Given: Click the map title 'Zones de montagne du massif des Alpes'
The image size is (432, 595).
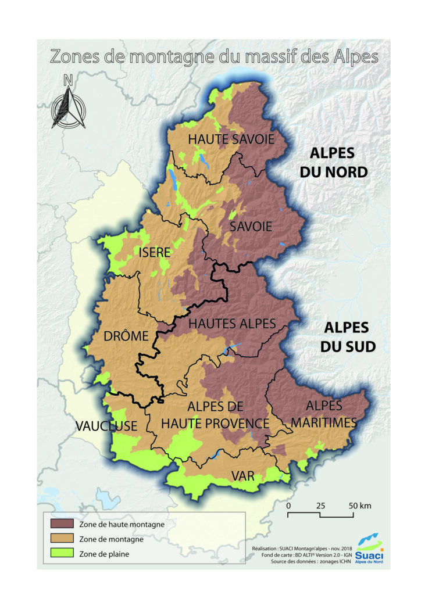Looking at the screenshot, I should tap(214, 56).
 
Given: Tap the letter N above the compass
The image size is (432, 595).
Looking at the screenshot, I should tap(68, 80).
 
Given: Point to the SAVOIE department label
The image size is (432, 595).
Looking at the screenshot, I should tap(251, 226).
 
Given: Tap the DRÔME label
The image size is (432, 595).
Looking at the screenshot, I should tap(126, 336).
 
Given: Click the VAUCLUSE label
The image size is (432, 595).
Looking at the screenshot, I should tap(106, 426).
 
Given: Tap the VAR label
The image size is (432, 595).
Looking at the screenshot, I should tap(243, 476).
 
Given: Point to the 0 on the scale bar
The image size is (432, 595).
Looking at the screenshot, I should tap(289, 505).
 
